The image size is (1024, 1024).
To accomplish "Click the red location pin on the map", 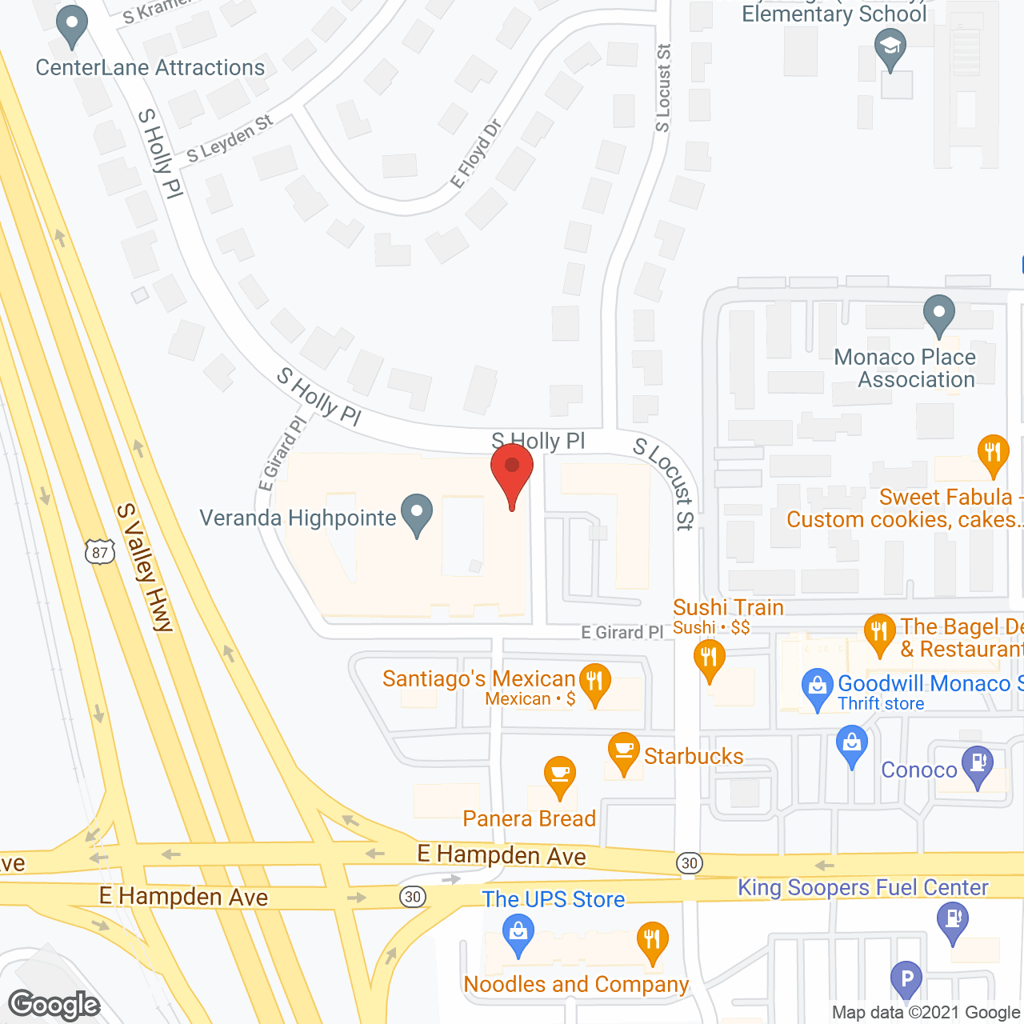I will click(x=512, y=471).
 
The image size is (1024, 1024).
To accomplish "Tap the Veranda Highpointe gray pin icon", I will click(x=416, y=514).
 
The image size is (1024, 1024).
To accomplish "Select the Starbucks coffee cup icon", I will click(x=624, y=752).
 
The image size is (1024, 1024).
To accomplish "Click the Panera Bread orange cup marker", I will click(x=560, y=776).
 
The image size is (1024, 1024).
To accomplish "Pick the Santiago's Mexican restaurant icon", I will click(x=594, y=682).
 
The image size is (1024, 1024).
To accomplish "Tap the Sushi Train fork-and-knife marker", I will click(x=709, y=660).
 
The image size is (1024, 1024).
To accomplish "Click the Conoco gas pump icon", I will click(x=978, y=765).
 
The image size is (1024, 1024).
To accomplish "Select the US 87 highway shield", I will click(x=99, y=552).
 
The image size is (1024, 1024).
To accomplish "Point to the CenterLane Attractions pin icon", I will click(x=72, y=26).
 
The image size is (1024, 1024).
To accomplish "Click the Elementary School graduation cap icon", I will click(x=890, y=48).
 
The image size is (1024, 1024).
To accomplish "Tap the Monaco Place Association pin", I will click(x=938, y=314).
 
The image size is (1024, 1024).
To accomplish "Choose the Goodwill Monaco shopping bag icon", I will click(x=817, y=688).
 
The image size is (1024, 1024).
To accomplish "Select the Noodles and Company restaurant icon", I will click(x=652, y=941).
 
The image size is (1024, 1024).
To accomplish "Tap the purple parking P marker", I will click(x=906, y=979).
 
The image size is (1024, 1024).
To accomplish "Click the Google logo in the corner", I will click(x=54, y=1005).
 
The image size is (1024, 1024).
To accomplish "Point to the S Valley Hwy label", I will click(x=145, y=568).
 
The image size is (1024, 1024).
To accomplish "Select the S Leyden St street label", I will click(x=230, y=138).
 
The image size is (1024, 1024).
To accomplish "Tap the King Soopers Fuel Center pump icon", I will click(x=952, y=920).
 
